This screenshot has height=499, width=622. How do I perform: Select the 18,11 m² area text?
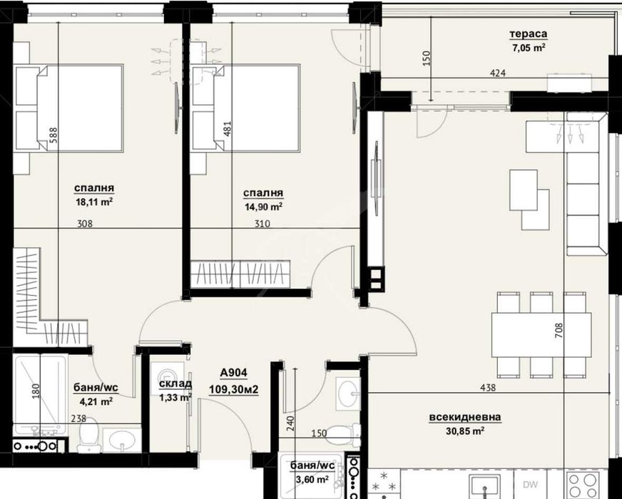(x=93, y=202)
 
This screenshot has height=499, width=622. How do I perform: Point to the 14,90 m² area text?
(x=262, y=206)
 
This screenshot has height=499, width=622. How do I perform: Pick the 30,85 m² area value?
(x=465, y=431)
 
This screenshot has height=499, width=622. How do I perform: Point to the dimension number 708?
(x=559, y=334)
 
